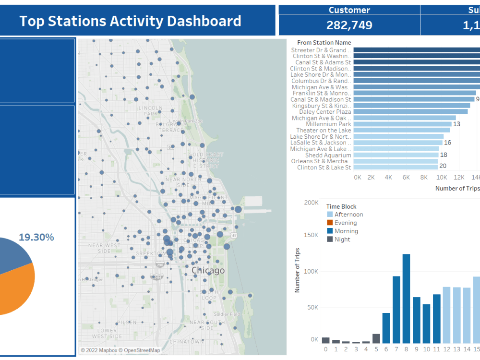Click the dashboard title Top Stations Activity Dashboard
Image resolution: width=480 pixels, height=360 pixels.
tap(130, 21)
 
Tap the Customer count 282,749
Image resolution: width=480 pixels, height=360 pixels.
tap(349, 25)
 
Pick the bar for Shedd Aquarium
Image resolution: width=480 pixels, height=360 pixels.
tap(396, 155)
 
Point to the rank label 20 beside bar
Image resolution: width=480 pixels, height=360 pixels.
tap(444, 167)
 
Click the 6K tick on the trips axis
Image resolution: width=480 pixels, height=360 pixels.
tap(406, 177)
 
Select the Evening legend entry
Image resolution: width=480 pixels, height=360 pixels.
tap(346, 223)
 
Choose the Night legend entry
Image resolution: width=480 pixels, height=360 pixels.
tap(342, 239)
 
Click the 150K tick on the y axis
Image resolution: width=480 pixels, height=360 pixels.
tap(311, 235)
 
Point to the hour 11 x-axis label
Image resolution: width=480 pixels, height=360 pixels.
tap(436, 349)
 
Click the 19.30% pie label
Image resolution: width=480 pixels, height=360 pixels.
tap(36, 237)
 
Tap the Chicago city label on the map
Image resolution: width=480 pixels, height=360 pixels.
tap(208, 271)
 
